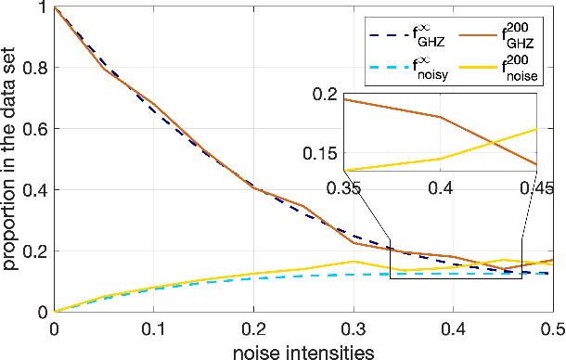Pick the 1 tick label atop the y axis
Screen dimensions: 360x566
pyautogui.click(x=45, y=7)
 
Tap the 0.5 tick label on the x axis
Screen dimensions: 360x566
pyautogui.click(x=551, y=328)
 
